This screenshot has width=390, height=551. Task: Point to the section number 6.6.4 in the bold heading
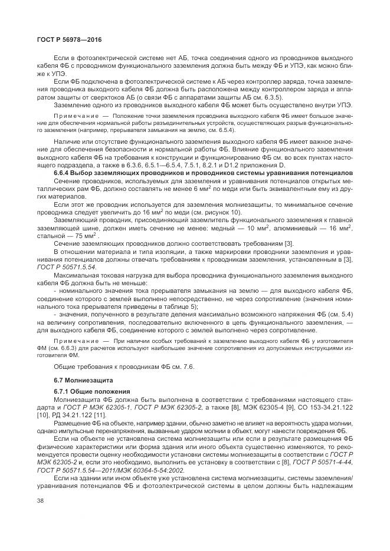(x=63, y=174)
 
